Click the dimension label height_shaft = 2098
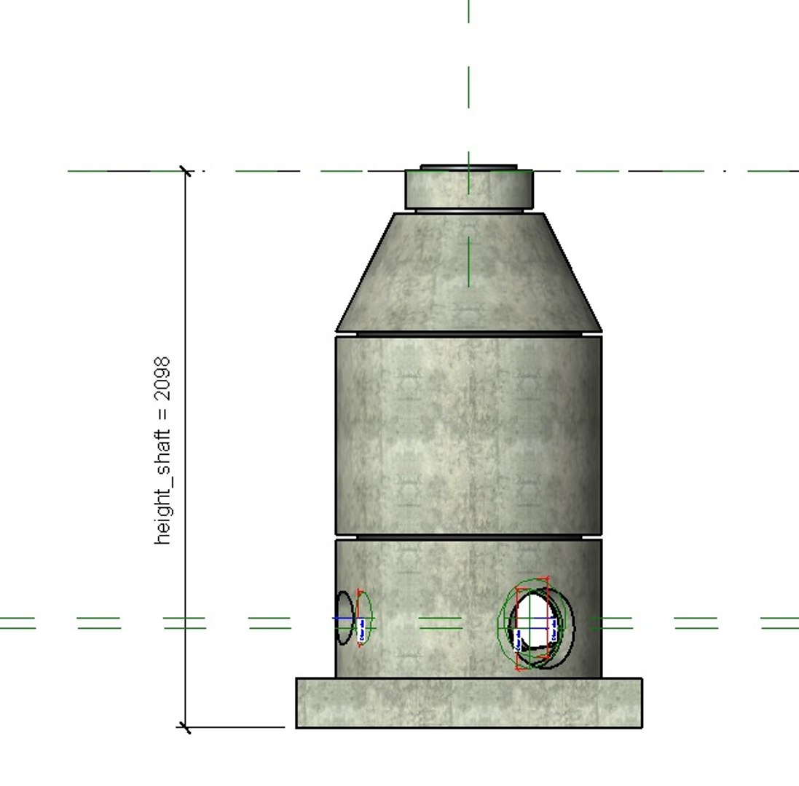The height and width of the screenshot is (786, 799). pyautogui.click(x=162, y=450)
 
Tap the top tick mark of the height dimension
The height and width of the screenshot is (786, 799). pyautogui.click(x=186, y=172)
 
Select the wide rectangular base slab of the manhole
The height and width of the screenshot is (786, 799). pyautogui.click(x=468, y=702)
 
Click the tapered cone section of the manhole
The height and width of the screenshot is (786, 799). pyautogui.click(x=468, y=273)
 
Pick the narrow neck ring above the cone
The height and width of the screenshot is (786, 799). pyautogui.click(x=468, y=191)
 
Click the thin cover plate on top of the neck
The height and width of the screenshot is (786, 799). pyautogui.click(x=468, y=167)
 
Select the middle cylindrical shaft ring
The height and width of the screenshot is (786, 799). pyautogui.click(x=468, y=434)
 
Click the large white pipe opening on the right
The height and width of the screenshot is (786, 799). pyautogui.click(x=535, y=622)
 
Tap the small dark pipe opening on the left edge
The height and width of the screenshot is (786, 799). pyautogui.click(x=344, y=619)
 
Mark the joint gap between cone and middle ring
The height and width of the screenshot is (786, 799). pyautogui.click(x=468, y=333)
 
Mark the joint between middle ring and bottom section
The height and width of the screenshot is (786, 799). pyautogui.click(x=468, y=537)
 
